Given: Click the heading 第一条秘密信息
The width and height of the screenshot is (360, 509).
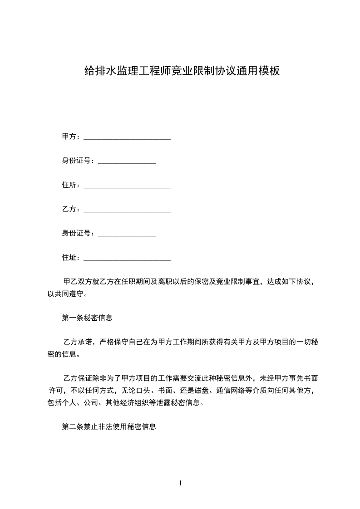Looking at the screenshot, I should pyautogui.click(x=87, y=318).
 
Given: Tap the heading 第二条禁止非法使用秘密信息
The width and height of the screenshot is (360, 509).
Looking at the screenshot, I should pyautogui.click(x=109, y=427).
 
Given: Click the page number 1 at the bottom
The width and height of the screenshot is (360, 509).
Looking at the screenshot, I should pyautogui.click(x=180, y=483).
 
